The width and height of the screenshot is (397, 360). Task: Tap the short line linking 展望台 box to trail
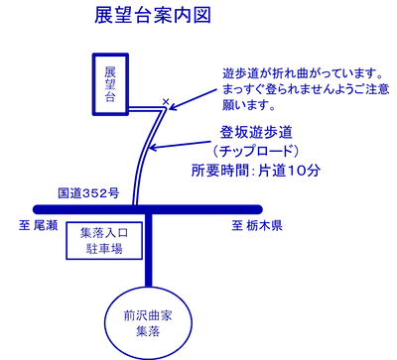[144, 107]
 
